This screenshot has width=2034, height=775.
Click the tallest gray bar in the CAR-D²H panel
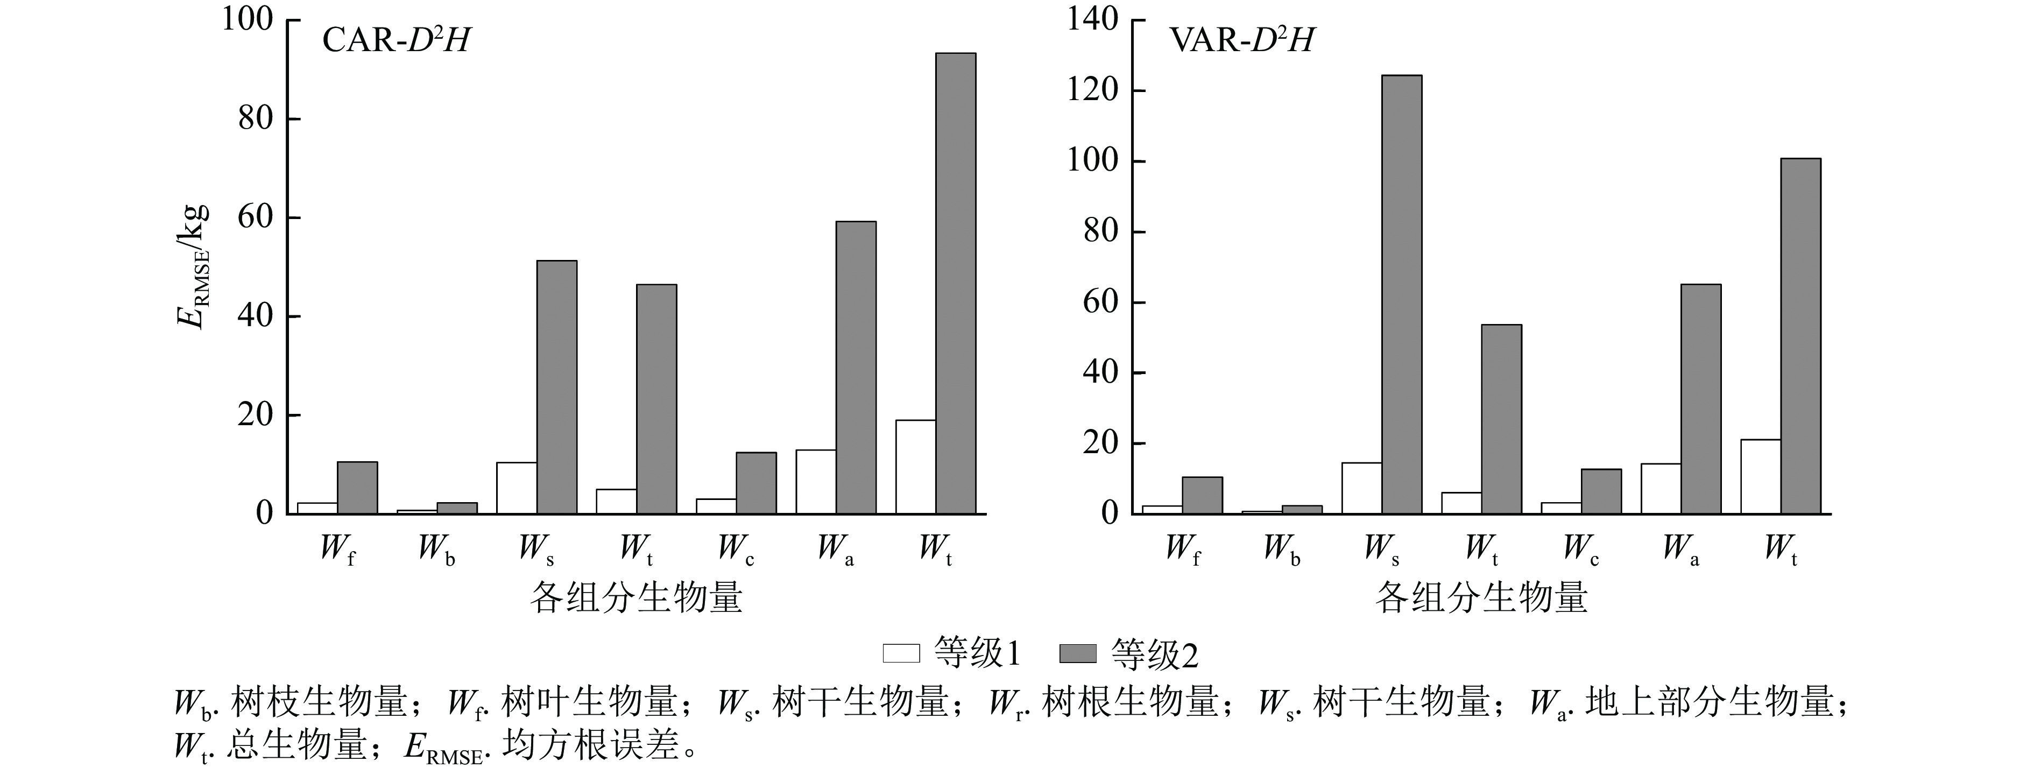tap(956, 284)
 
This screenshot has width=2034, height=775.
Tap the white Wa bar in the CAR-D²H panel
tap(816, 482)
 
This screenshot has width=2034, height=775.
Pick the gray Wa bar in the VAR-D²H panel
tap(1701, 399)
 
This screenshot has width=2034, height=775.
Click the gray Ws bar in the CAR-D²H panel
tap(557, 387)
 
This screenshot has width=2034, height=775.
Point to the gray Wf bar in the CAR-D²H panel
tap(357, 488)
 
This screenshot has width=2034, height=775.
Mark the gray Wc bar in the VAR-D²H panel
tap(1601, 491)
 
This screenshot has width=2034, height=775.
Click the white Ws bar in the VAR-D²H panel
tap(1361, 488)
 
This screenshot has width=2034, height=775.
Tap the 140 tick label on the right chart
tap(1093, 20)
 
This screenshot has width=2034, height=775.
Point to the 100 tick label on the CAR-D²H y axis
tap(246, 20)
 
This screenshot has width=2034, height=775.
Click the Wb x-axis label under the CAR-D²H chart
tap(436, 549)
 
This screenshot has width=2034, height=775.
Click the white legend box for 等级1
tap(901, 653)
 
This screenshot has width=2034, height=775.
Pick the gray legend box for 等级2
tap(1077, 653)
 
